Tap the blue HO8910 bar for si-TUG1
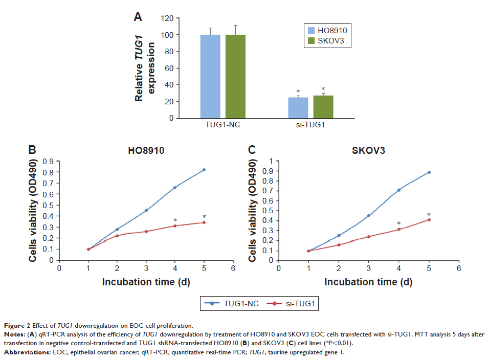coord(298,108)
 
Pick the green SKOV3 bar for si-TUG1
coord(323,107)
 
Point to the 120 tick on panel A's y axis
coord(167,18)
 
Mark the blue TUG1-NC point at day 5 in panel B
coord(204,170)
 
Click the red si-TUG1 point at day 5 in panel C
coord(429,220)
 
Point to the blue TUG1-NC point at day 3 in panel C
coord(368,216)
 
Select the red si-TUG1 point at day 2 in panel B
coord(117,236)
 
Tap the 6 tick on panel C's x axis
coord(459,268)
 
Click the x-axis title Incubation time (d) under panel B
coord(146,282)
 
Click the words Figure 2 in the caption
coord(17,325)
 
